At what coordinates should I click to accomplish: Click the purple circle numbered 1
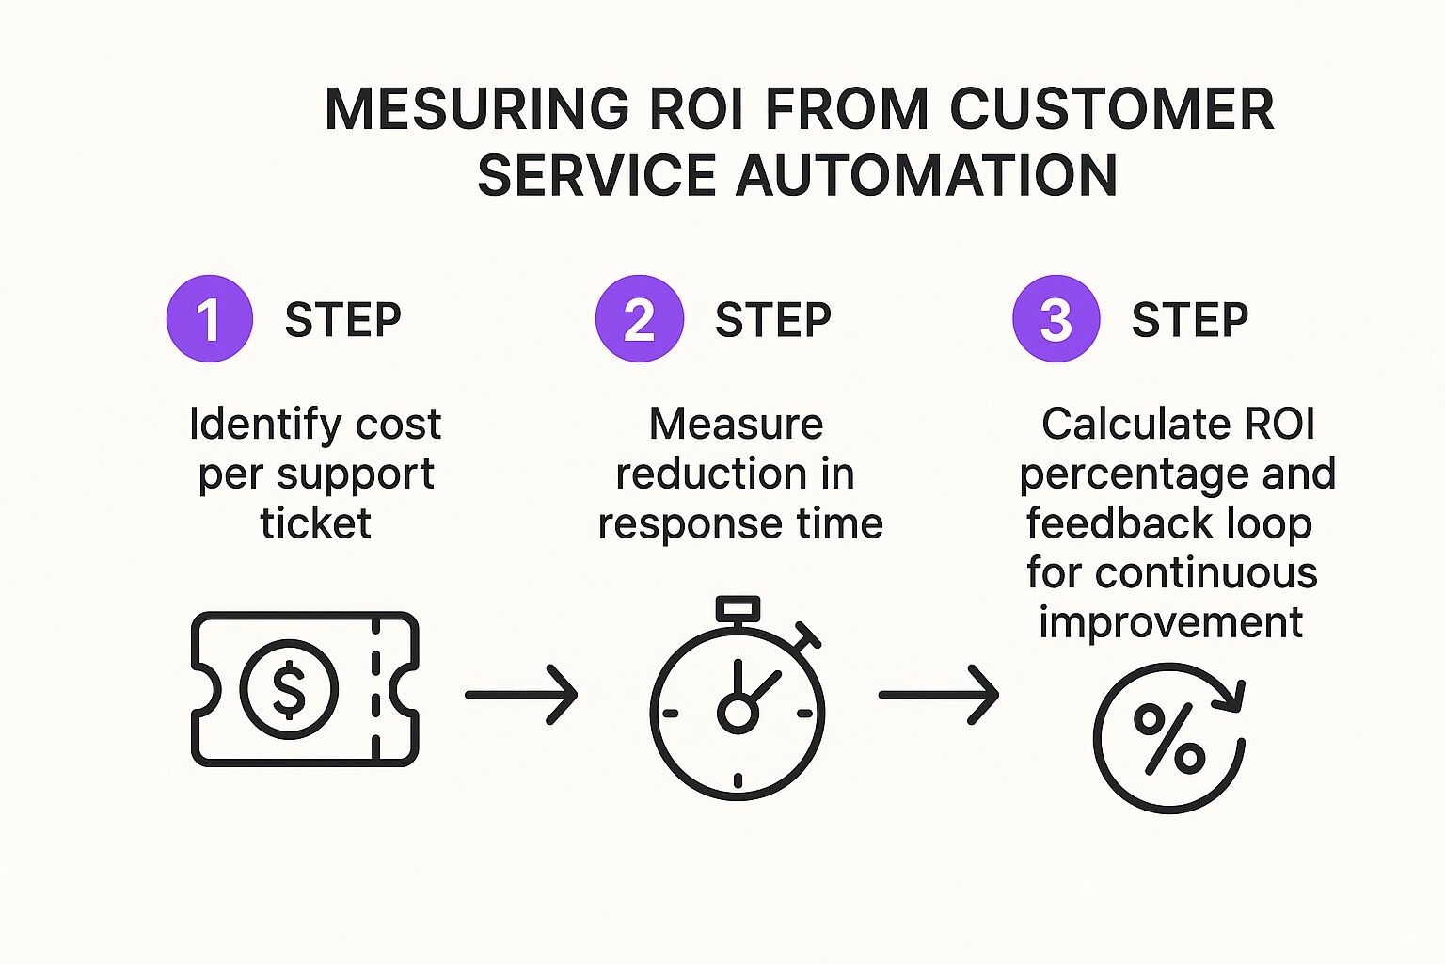[x=209, y=318]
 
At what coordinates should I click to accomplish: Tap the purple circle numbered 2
[x=639, y=318]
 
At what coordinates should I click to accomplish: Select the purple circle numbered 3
[x=1056, y=318]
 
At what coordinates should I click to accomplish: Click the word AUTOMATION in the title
[x=926, y=176]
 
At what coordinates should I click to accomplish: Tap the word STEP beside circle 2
[x=772, y=320]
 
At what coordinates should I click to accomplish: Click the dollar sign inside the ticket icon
[x=289, y=689]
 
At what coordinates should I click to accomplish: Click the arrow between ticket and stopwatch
[x=520, y=695]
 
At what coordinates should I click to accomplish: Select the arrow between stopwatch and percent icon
[x=938, y=695]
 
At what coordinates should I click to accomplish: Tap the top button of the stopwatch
[x=738, y=608]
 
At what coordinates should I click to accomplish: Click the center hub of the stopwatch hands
[x=738, y=714]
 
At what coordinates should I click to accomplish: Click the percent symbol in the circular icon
[x=1168, y=738]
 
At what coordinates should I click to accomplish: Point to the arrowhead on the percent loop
[x=1231, y=697]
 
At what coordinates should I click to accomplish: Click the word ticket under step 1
[x=315, y=523]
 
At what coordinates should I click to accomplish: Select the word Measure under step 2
[x=736, y=424]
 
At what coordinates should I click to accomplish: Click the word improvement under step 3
[x=1170, y=622]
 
